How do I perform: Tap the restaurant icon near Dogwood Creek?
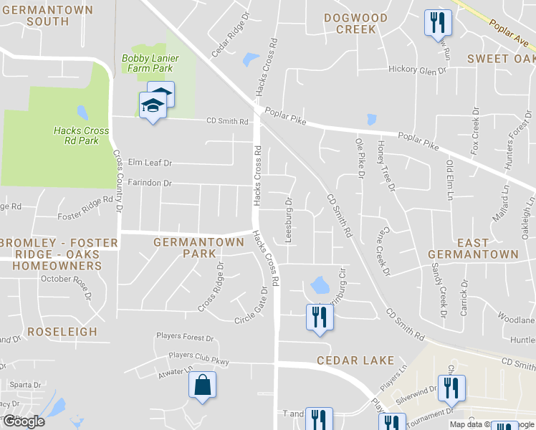(437, 22)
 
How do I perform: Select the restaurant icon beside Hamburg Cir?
(319, 317)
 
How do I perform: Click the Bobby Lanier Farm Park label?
(150, 63)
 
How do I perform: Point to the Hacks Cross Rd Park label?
(81, 135)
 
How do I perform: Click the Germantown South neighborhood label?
(47, 16)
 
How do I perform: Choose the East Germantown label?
(473, 249)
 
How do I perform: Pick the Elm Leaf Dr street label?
(148, 163)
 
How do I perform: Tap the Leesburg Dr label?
(289, 220)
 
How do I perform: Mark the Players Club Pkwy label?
(198, 358)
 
